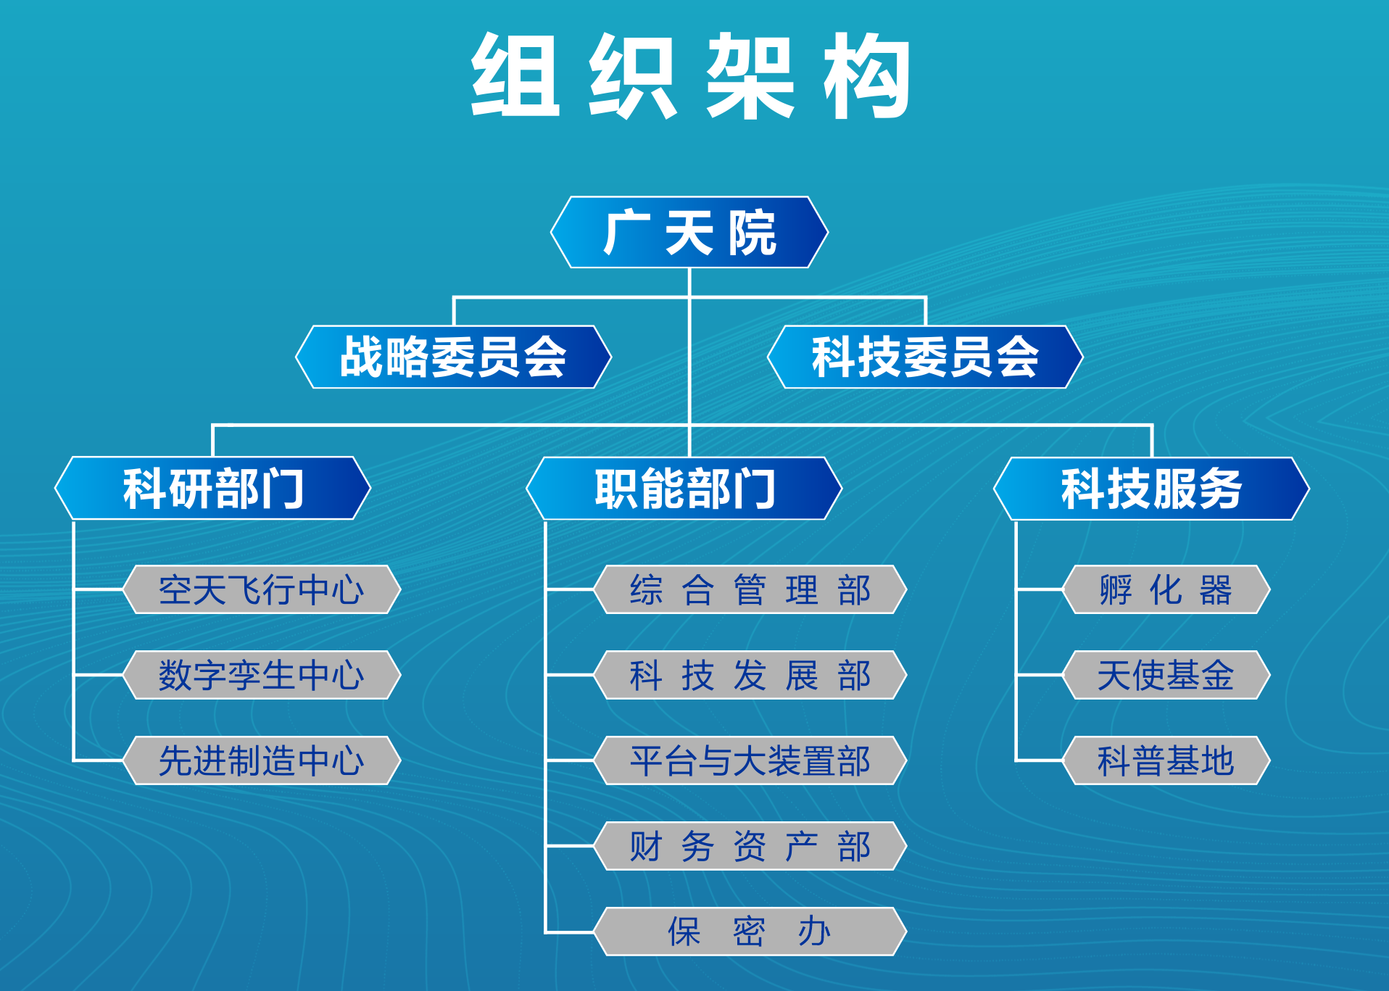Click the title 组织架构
(x=691, y=75)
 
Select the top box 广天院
(x=689, y=232)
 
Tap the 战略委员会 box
(x=454, y=357)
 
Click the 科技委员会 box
(x=925, y=357)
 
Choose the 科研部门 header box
(x=213, y=488)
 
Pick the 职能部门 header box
(x=684, y=488)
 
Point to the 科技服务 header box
(x=1152, y=488)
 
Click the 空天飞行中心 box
(x=262, y=589)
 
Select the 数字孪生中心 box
(x=262, y=675)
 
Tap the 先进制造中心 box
(x=262, y=760)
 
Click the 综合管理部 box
(x=750, y=589)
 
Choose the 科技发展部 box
(x=750, y=675)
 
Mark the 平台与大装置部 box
(x=750, y=760)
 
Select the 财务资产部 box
(x=750, y=846)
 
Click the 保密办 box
(x=750, y=932)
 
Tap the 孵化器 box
(x=1166, y=589)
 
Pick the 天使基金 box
(x=1166, y=675)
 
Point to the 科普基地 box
(x=1166, y=760)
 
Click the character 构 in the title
(x=867, y=75)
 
